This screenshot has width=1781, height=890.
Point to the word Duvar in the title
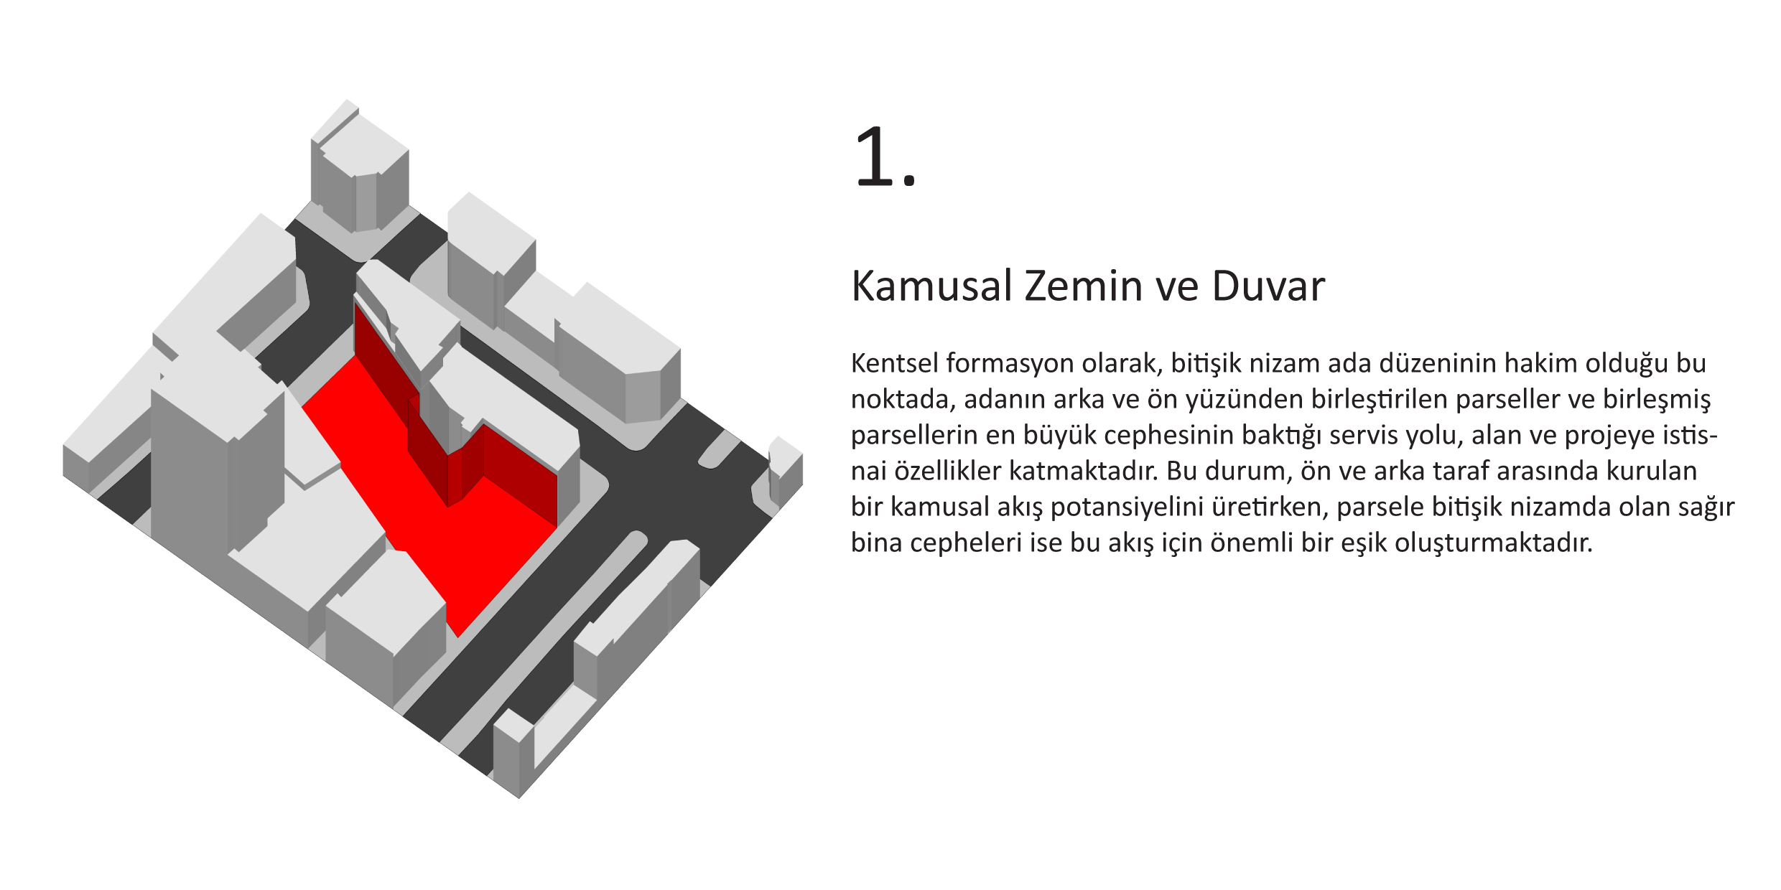[1268, 286]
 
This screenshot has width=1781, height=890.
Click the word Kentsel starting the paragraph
[894, 363]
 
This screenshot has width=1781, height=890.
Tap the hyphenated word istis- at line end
[1683, 435]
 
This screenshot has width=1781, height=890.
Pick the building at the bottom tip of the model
[514, 750]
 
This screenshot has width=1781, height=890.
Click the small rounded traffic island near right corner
[719, 449]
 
